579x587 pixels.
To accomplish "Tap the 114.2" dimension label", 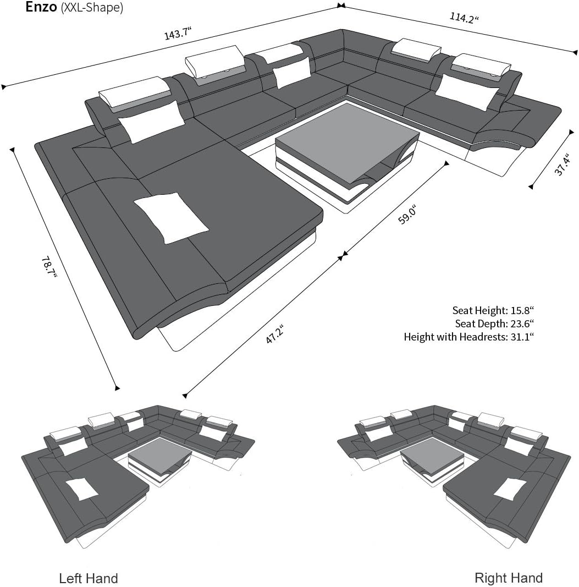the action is pos(465,18).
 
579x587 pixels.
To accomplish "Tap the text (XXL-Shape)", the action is pos(92,8).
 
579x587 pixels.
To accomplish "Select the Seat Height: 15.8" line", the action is pos(493,310).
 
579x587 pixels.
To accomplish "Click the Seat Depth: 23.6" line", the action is pos(494,323).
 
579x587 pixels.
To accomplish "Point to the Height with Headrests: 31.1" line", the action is pos(469,337).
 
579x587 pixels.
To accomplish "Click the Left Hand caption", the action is pos(88,578).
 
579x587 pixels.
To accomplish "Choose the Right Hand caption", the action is pos(508,578).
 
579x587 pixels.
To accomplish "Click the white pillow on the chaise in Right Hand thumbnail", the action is pos(510,489).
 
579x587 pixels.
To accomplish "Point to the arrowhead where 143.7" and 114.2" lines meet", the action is pos(341,6).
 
